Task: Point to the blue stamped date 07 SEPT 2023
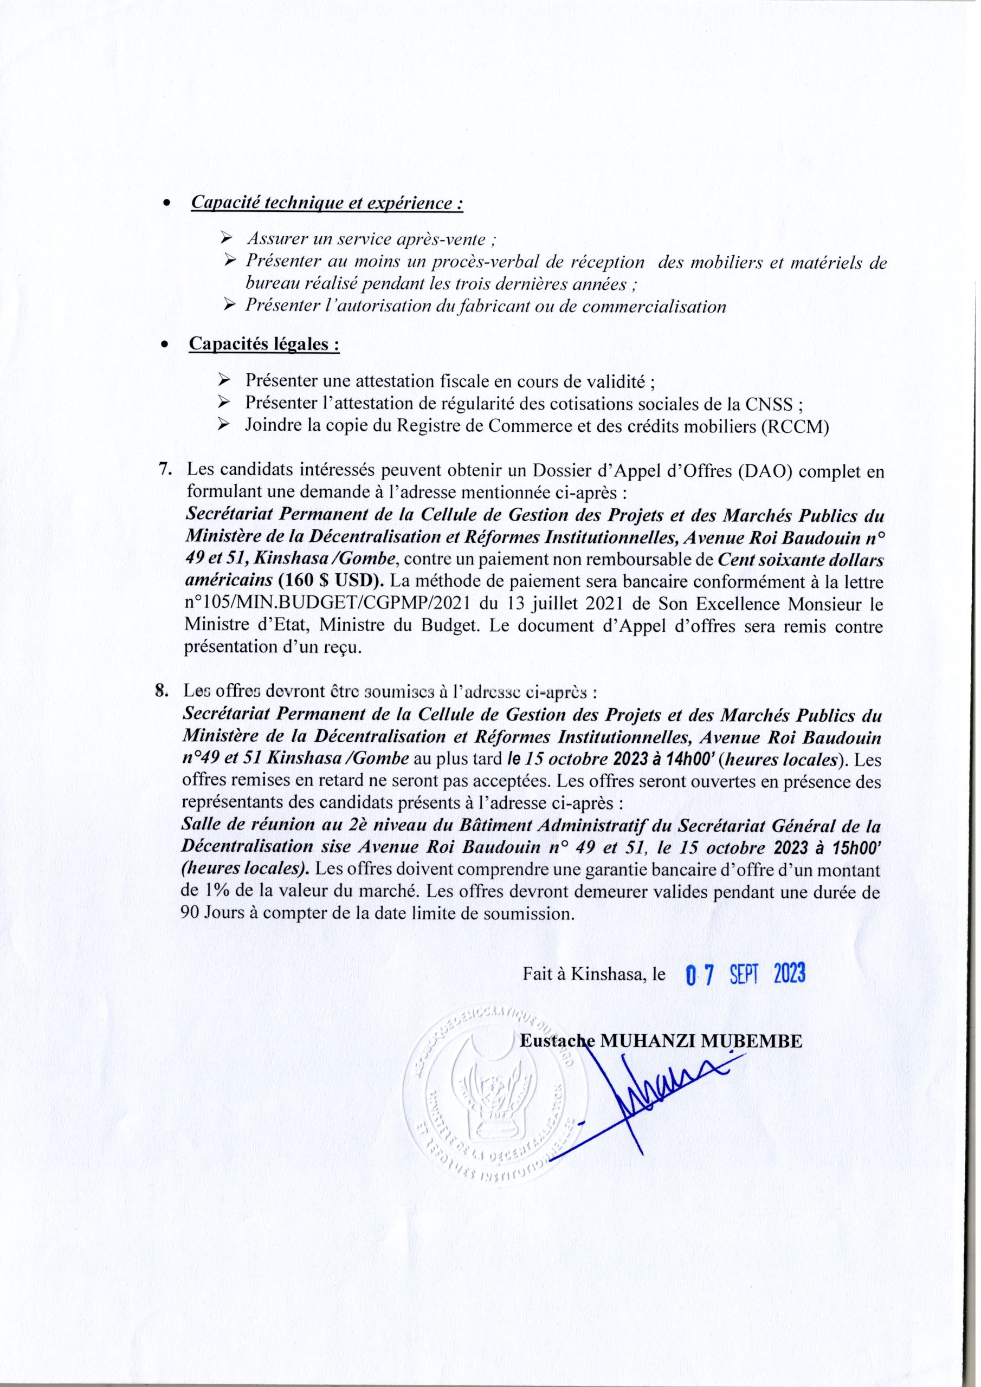pyautogui.click(x=746, y=974)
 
